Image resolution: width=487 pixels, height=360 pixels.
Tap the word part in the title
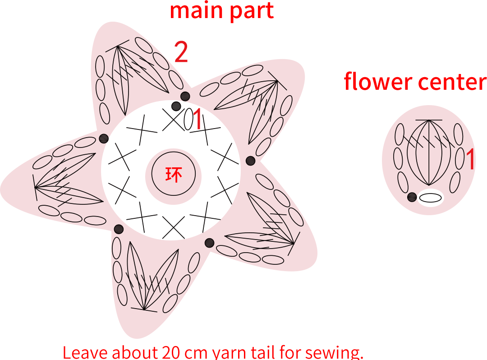[x=252, y=11]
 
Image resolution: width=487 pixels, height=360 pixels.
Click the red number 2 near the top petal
[x=181, y=52]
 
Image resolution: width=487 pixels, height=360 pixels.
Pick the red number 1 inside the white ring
[x=197, y=119]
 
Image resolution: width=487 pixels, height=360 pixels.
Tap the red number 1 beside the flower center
[x=470, y=159]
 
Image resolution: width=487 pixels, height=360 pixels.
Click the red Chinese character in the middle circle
[x=173, y=175]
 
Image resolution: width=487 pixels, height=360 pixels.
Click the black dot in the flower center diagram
[x=412, y=197]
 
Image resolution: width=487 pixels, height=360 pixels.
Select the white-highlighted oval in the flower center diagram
[x=431, y=198]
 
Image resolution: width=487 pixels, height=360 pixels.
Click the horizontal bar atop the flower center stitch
[x=429, y=120]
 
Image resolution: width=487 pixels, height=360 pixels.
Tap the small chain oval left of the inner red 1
[x=188, y=119]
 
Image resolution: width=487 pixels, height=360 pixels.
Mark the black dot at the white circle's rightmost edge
[x=250, y=161]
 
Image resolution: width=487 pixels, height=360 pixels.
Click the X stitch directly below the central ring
[x=173, y=228]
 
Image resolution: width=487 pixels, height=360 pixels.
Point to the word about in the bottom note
[x=135, y=352]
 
